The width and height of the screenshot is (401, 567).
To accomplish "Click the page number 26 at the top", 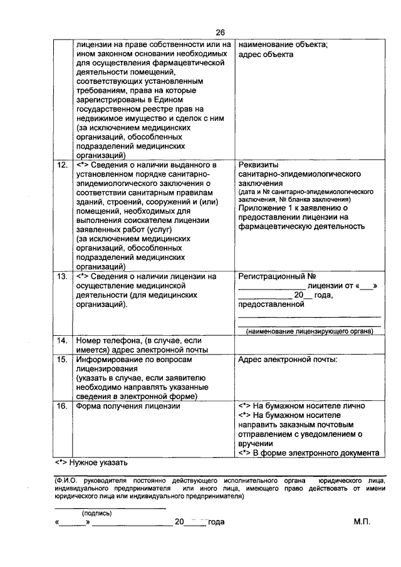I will [x=220, y=33].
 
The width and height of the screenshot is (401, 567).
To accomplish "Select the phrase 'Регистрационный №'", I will [x=276, y=276].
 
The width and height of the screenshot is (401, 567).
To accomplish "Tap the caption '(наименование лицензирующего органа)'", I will [x=310, y=331].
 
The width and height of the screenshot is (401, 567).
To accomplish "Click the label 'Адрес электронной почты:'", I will [x=288, y=360].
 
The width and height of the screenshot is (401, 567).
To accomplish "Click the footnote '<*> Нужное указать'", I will [x=91, y=464].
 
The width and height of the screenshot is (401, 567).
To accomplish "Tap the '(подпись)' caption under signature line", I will [x=98, y=512].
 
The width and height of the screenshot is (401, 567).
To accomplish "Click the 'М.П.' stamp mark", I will [x=362, y=522].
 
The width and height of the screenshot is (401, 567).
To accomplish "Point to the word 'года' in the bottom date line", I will [x=215, y=522].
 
